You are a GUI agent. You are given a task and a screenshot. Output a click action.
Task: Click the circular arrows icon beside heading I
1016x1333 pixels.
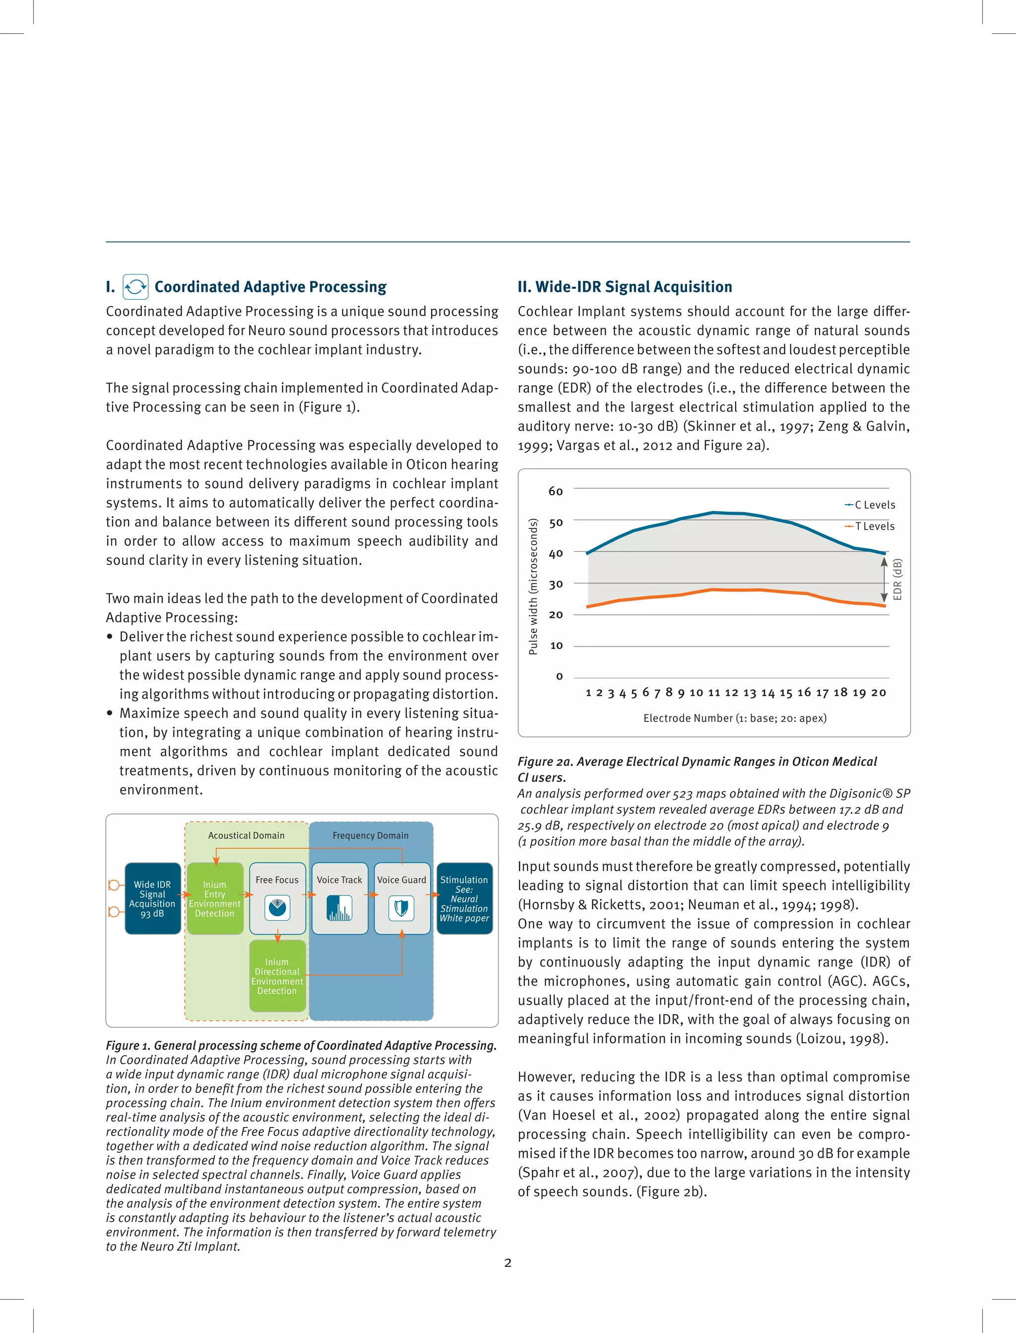click(x=135, y=287)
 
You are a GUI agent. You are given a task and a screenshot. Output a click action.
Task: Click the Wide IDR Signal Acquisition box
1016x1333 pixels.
click(x=152, y=898)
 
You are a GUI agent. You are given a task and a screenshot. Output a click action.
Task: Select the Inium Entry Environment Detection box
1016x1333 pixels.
click(x=215, y=898)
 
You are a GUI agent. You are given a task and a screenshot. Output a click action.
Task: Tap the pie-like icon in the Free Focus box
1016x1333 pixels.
click(x=278, y=907)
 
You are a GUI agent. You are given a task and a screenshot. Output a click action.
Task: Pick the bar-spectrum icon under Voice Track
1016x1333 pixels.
click(x=339, y=908)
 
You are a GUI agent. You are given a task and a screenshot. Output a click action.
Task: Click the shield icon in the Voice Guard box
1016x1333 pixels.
click(x=401, y=908)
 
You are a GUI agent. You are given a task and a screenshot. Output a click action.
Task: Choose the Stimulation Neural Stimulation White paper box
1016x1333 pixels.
click(x=464, y=898)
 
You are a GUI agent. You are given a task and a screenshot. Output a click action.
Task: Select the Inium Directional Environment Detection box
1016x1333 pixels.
click(x=277, y=976)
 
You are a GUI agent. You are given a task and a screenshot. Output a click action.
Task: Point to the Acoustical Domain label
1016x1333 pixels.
click(x=246, y=835)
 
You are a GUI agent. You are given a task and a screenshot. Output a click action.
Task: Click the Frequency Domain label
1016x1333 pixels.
click(x=370, y=835)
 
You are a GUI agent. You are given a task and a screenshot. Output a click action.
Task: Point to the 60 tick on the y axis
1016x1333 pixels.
click(x=556, y=491)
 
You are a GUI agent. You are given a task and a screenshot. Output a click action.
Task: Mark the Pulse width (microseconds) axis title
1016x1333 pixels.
click(x=533, y=587)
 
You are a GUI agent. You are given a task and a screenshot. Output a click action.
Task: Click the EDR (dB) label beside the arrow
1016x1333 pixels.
click(x=897, y=580)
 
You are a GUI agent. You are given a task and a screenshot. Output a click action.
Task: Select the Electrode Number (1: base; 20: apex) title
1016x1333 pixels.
click(x=735, y=718)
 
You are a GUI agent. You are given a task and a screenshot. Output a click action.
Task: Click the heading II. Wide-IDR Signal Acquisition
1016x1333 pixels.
click(x=625, y=287)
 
